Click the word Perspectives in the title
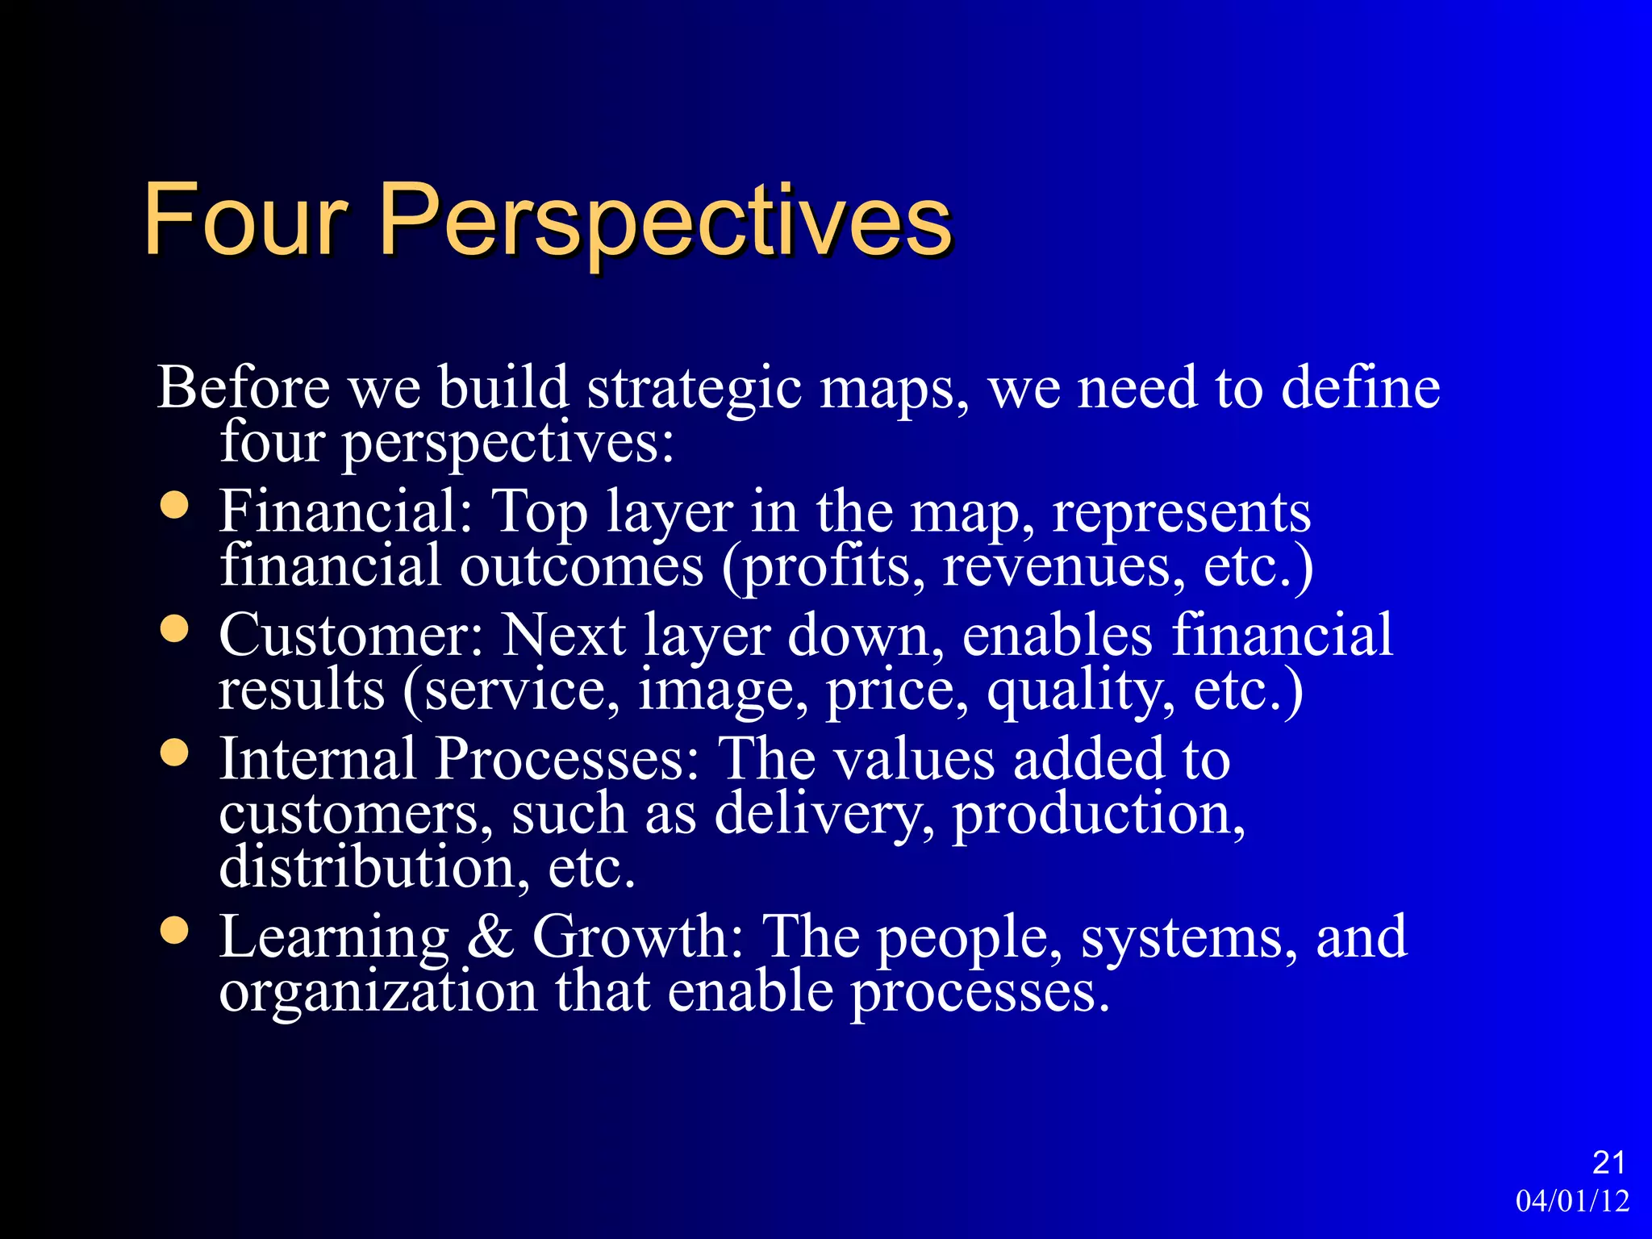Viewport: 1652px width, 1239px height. point(665,222)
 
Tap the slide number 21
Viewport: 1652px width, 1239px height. point(1608,1162)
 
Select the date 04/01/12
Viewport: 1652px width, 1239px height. point(1572,1201)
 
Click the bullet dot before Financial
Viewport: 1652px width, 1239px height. point(174,506)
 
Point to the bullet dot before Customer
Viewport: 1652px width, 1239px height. point(174,629)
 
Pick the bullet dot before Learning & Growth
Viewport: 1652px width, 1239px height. point(174,931)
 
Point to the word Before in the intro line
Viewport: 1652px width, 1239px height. point(243,388)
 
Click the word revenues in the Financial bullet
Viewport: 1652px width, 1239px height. point(1064,567)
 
